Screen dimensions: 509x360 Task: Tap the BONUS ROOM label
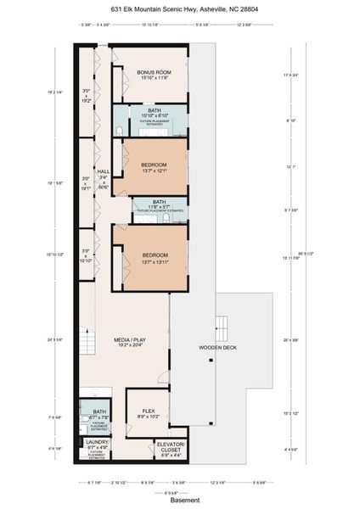[x=155, y=73]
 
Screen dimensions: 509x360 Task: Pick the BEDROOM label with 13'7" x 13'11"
[x=154, y=255]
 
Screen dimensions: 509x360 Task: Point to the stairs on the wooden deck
[x=224, y=324]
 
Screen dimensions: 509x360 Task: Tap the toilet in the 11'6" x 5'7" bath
[x=167, y=217]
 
